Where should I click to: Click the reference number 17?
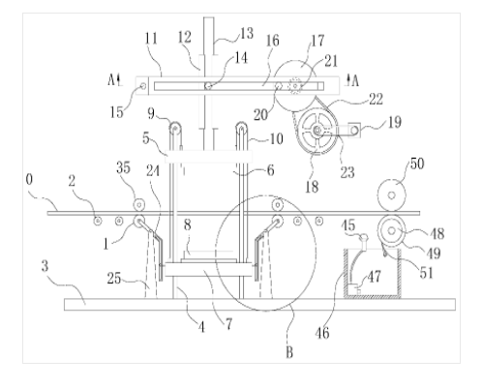(317, 41)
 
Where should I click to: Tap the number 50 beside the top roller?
(417, 164)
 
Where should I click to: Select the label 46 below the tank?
(322, 333)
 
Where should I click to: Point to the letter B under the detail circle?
(289, 352)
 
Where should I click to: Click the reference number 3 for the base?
(45, 266)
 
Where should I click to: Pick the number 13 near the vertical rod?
(247, 33)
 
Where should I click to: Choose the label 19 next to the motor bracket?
(394, 122)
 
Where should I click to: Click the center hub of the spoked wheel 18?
(317, 131)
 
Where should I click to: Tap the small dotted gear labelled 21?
(295, 86)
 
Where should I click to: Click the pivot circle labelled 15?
(143, 86)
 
